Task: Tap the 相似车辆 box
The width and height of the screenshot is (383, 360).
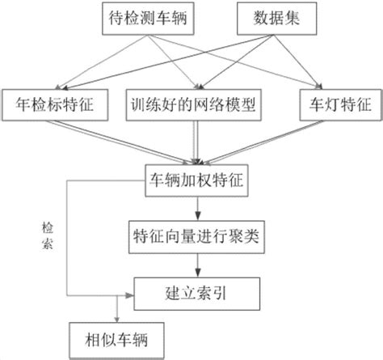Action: [x=116, y=335]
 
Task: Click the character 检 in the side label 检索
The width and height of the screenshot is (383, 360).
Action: [x=49, y=229]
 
